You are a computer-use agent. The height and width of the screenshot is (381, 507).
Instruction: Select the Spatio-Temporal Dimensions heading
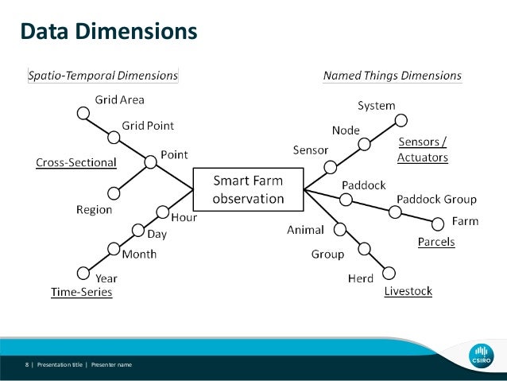103,76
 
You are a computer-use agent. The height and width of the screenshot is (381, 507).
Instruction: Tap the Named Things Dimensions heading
392,76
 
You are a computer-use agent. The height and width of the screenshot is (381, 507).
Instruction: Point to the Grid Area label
119,101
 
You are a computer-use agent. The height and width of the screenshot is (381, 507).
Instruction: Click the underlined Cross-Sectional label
76,162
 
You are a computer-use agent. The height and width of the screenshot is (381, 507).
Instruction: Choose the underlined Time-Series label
81,292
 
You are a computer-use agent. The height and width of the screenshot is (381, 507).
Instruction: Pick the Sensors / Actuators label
423,150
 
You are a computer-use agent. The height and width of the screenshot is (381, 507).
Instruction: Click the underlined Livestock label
408,291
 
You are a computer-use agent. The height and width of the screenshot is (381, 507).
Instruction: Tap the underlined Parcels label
436,242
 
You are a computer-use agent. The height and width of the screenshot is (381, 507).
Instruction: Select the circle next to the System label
401,121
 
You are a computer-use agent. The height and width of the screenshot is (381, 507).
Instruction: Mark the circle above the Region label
114,192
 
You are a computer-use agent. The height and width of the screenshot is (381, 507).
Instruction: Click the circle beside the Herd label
389,270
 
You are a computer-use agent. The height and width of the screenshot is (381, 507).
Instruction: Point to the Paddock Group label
436,199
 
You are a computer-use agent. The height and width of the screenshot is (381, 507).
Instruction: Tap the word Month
139,255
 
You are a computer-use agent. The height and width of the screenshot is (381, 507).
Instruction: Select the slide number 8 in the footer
26,364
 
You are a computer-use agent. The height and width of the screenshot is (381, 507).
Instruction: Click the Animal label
305,230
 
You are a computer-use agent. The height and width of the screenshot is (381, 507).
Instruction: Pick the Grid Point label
148,126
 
